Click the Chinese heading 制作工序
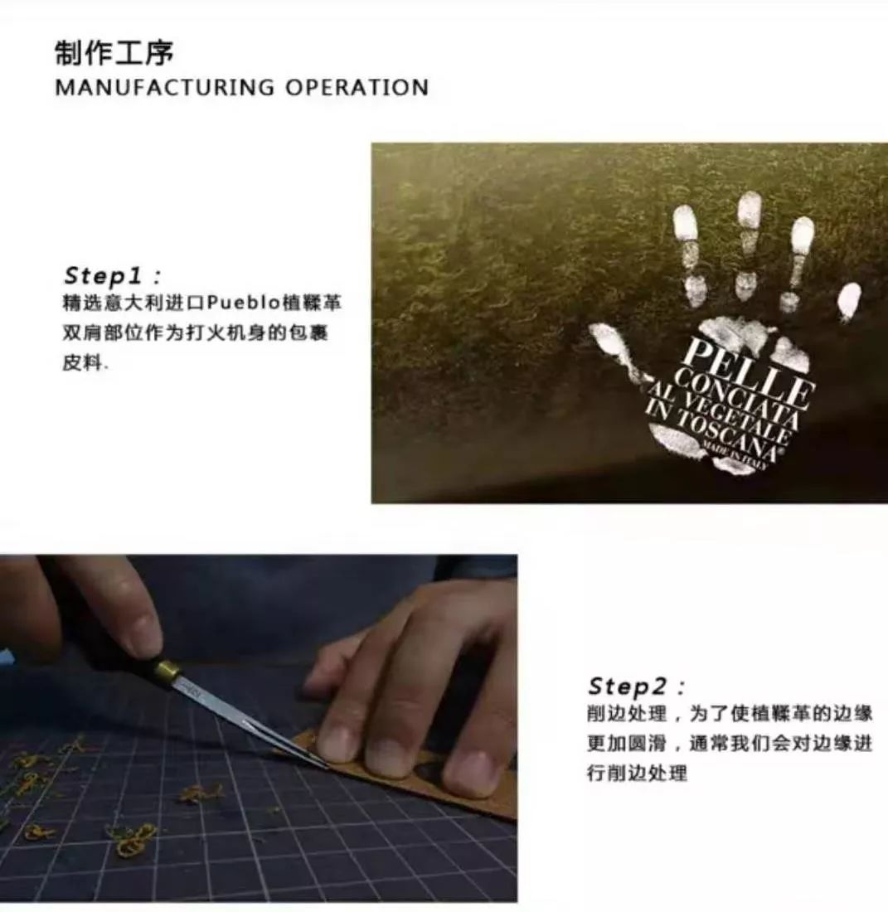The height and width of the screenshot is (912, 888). point(114,53)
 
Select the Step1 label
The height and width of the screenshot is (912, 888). point(112,275)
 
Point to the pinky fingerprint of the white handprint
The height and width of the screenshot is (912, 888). point(848,300)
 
